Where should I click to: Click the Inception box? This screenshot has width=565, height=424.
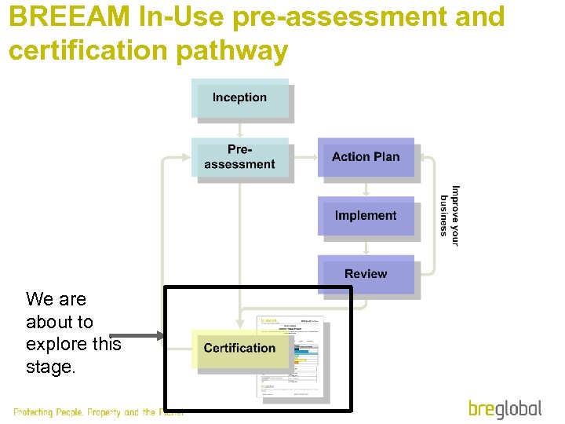pyautogui.click(x=239, y=98)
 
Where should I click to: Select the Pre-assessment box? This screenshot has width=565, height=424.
pyautogui.click(x=239, y=157)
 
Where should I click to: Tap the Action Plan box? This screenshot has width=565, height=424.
pyautogui.click(x=366, y=157)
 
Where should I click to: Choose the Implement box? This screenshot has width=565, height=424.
pyautogui.click(x=366, y=215)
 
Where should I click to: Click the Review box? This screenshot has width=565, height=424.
pyautogui.click(x=366, y=274)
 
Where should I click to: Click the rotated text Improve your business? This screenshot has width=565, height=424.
pyautogui.click(x=450, y=215)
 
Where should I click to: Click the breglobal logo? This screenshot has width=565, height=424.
pyautogui.click(x=505, y=408)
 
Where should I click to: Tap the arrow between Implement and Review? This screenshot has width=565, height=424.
pyautogui.click(x=366, y=245)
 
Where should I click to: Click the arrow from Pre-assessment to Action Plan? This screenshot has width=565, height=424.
pyautogui.click(x=304, y=157)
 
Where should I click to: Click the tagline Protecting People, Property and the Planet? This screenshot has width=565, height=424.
pyautogui.click(x=98, y=412)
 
